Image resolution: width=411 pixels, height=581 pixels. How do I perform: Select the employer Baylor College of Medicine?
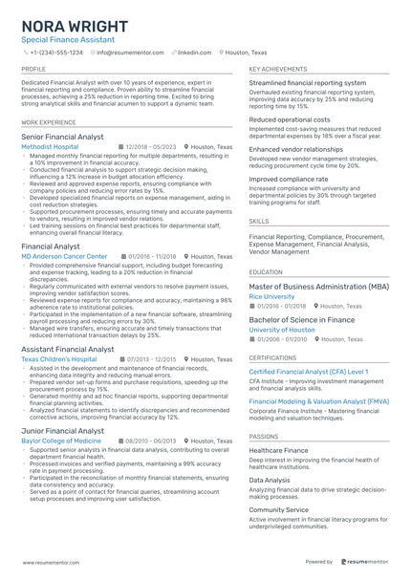[63, 441]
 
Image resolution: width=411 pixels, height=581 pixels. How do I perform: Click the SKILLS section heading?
[258, 221]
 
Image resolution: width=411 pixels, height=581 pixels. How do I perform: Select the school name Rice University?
[271, 297]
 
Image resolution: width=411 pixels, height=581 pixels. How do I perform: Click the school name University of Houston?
[282, 330]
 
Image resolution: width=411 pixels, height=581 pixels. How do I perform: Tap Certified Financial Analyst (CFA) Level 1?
[308, 371]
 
